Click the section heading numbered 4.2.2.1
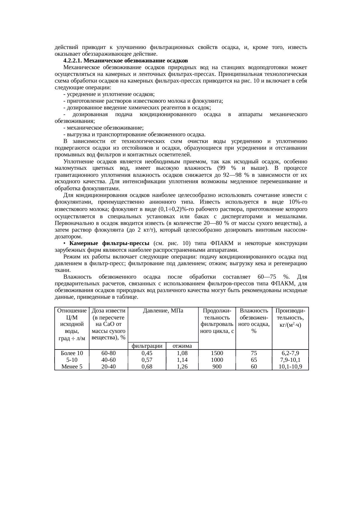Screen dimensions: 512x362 (x=125, y=61)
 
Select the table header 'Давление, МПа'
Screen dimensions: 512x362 (x=163, y=311)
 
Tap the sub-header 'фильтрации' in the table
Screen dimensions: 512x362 (x=147, y=346)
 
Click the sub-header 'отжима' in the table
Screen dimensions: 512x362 (x=182, y=346)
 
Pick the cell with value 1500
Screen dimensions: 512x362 (x=217, y=353)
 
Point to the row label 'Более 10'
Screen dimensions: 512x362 (x=72, y=353)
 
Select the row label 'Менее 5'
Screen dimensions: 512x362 (x=72, y=366)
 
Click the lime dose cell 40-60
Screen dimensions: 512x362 (x=108, y=360)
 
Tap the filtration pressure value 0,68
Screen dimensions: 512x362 (x=147, y=366)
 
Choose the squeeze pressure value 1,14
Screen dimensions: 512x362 (x=182, y=360)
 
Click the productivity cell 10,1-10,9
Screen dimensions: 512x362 (x=290, y=366)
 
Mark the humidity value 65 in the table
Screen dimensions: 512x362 (x=254, y=360)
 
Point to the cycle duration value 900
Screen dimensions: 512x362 (x=217, y=366)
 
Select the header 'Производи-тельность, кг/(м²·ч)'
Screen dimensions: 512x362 (x=290, y=318)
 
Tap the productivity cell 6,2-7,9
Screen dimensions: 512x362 (x=290, y=353)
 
